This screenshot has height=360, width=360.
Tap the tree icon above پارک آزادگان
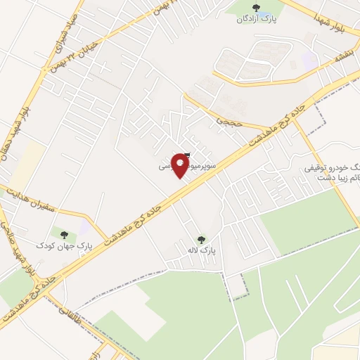coord(255,9)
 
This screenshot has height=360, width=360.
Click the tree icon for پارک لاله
coord(202,239)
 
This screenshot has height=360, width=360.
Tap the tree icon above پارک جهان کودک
coord(64,234)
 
